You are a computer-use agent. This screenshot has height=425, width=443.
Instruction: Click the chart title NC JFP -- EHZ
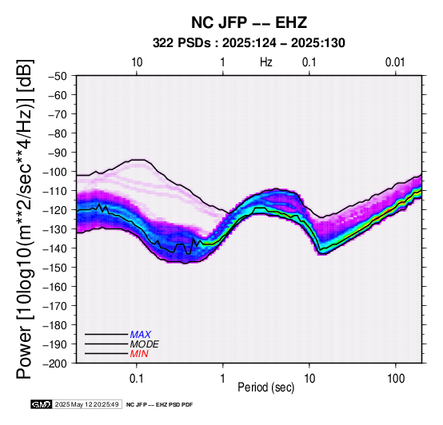249,22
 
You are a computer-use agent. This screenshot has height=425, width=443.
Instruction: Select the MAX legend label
141,335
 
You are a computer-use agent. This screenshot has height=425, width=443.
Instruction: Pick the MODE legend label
145,344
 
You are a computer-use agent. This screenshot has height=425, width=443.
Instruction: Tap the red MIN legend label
139,354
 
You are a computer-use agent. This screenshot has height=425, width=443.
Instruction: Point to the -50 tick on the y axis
58,76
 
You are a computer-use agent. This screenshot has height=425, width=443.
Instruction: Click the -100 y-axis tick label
55,172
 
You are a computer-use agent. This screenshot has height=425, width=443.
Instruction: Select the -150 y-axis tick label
55,268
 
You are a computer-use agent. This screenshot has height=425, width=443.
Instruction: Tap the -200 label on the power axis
55,363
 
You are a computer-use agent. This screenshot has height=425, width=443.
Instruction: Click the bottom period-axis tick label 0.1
137,379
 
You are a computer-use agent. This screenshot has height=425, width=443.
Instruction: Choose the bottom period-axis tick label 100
396,379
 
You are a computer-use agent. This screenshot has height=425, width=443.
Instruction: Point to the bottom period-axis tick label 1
223,379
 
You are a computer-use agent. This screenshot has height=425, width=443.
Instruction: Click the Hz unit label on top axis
266,62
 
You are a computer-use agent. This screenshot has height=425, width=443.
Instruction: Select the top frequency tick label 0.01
395,62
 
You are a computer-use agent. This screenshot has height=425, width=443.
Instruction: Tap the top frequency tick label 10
137,62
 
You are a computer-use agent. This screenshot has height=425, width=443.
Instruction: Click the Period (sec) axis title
265,387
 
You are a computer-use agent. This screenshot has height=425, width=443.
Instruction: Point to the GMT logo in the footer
42,404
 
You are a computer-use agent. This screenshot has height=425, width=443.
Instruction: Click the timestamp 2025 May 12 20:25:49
86,404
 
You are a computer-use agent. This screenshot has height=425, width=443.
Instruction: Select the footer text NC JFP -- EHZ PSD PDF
159,405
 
